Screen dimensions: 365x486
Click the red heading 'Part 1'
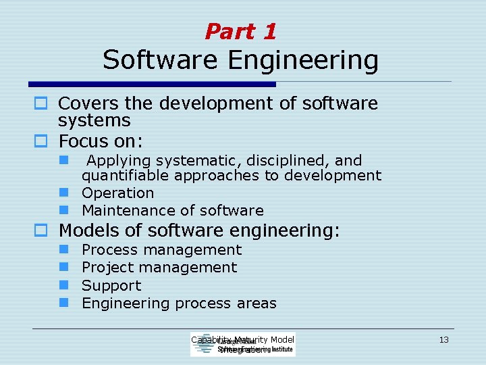point(240,31)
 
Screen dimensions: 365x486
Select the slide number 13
point(443,339)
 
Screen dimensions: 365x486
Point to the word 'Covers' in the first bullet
point(84,103)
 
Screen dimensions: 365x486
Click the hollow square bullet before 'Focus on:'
point(39,141)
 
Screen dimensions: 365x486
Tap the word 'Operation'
point(117,193)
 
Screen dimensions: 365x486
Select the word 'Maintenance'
point(125,211)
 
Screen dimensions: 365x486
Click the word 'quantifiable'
point(126,176)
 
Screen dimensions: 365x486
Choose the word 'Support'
point(111,286)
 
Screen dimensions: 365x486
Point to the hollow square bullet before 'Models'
point(39,230)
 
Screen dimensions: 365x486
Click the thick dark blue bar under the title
point(152,84)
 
